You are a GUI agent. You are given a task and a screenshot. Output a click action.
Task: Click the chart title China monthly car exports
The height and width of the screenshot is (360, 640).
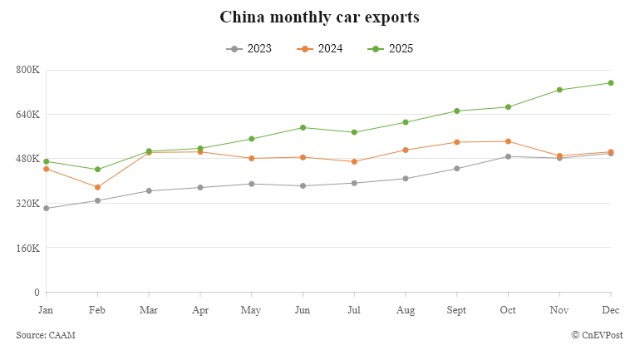coord(319,17)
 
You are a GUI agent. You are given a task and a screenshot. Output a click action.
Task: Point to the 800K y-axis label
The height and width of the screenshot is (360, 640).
coord(28,70)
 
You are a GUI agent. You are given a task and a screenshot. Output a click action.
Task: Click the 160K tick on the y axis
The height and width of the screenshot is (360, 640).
coord(28,248)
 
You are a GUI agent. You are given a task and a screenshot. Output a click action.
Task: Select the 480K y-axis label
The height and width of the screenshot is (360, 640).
coord(28,159)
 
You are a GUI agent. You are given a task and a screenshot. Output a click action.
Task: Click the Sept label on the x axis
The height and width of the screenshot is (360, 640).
coord(456,310)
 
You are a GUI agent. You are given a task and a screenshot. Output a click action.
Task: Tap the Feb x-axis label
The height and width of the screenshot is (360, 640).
coord(98,310)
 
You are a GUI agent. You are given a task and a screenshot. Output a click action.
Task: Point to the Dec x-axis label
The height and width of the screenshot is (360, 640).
coord(611,310)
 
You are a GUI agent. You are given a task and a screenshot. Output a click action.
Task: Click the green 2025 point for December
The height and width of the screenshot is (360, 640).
coord(611,83)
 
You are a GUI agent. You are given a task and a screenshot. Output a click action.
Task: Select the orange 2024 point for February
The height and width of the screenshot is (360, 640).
coord(98,187)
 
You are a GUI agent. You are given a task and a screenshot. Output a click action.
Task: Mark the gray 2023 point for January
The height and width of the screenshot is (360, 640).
coord(47,208)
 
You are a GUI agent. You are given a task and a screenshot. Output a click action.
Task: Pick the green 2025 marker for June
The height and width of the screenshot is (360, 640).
coord(303,127)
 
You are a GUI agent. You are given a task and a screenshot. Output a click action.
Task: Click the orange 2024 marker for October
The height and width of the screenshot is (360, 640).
coord(508,141)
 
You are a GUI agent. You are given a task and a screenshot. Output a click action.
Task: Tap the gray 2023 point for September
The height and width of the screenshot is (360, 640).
coord(456,169)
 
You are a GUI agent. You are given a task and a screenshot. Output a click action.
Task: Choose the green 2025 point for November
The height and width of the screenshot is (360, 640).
coord(559,90)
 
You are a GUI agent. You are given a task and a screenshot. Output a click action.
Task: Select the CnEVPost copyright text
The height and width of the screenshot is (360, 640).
coord(597,335)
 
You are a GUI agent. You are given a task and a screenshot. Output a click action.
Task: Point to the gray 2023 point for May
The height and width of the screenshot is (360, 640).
coord(252,184)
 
